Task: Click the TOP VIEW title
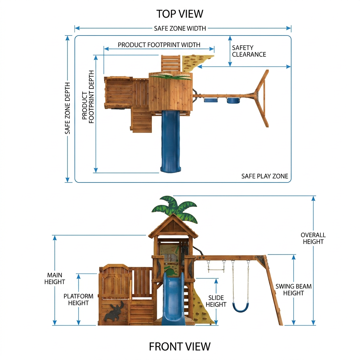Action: [180, 14]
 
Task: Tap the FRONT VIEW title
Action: [180, 346]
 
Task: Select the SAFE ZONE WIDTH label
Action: [180, 28]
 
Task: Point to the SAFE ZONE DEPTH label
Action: [67, 108]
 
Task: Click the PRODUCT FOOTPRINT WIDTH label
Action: [159, 45]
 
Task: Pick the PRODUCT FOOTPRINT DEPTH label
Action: [88, 97]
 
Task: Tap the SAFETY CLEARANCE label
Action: [249, 51]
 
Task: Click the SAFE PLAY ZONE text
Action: [264, 176]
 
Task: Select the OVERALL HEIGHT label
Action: [313, 238]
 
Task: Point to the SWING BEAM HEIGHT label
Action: [294, 290]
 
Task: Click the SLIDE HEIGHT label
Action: [216, 301]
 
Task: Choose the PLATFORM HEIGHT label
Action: [78, 300]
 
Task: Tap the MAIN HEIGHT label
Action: [54, 278]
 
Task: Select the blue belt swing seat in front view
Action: [240, 308]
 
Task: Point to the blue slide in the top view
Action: [171, 141]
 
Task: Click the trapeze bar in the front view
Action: [216, 271]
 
